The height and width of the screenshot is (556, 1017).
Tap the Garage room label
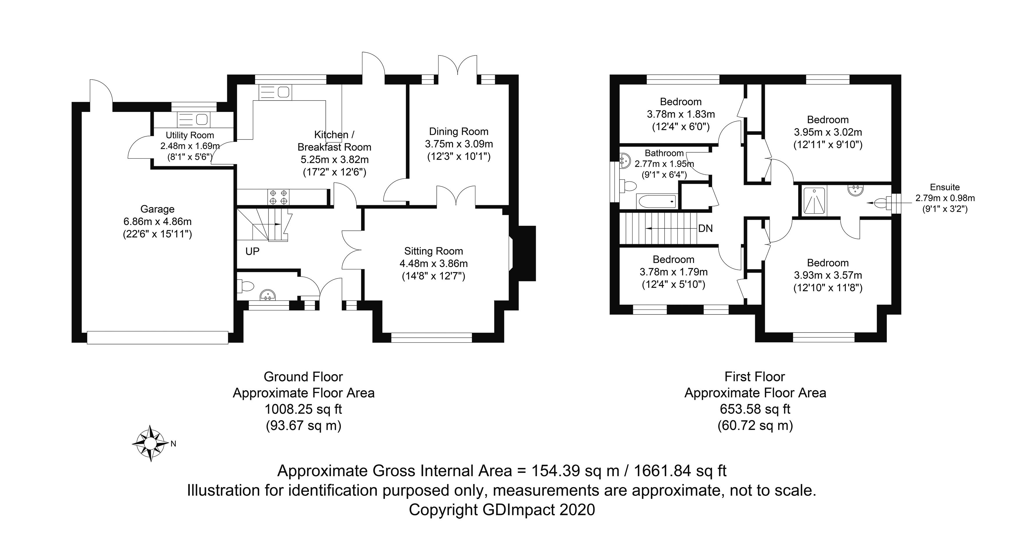157,209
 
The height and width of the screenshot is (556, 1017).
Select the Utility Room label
190,135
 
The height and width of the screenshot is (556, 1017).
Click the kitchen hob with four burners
278,197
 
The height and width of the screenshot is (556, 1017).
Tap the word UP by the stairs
252,251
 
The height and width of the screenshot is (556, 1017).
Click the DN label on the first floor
705,228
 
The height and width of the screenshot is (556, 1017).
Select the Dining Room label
459,131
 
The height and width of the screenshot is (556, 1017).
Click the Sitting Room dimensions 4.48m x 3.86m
434,263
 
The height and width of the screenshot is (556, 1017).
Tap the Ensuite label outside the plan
945,187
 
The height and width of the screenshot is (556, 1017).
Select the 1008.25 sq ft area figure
303,410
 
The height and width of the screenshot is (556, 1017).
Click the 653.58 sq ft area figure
755,410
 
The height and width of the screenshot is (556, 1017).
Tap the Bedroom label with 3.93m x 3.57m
828,263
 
